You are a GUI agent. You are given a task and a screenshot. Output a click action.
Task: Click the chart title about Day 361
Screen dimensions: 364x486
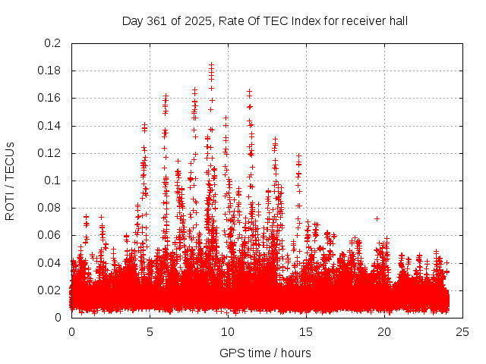click(x=265, y=20)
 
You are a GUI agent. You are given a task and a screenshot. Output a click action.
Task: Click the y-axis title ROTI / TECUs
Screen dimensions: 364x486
click(x=10, y=180)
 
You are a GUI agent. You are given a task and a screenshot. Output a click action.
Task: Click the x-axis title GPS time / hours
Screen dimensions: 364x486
click(x=265, y=353)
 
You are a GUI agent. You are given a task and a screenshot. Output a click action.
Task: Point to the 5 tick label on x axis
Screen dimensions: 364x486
click(x=150, y=331)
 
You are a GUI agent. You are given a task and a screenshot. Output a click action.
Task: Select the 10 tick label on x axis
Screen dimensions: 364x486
click(x=228, y=331)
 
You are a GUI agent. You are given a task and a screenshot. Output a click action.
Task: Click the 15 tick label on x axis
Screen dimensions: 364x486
click(x=306, y=331)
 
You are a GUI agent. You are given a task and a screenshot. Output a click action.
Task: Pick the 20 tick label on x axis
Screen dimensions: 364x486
click(x=384, y=331)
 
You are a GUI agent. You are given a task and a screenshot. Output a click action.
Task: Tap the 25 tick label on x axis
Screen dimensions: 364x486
click(x=462, y=331)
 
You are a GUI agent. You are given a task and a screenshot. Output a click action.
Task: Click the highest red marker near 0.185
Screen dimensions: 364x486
click(x=211, y=65)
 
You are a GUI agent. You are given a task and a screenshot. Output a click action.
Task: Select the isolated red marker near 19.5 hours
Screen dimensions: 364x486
click(x=377, y=218)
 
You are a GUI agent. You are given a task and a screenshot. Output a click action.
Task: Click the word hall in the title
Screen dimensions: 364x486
click(x=398, y=20)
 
